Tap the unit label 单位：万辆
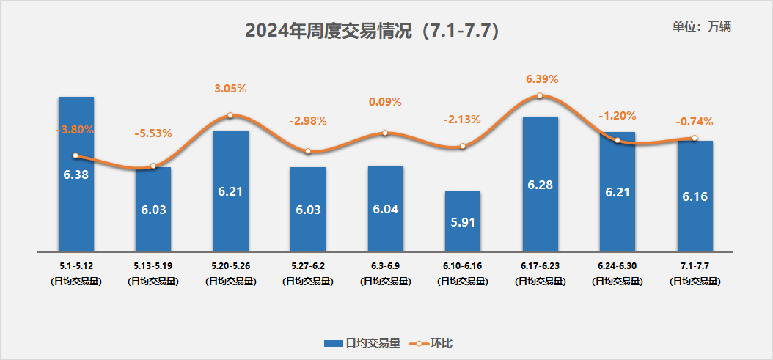coord(702,26)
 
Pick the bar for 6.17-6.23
coord(541,213)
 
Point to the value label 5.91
coord(463,222)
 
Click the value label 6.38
coord(76,175)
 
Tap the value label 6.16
coord(695,196)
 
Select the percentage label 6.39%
coord(542,78)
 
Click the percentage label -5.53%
coord(153,133)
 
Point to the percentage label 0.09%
coord(386,102)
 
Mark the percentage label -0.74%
coord(694,122)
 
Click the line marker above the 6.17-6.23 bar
coord(540,95)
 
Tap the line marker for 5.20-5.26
coord(230,115)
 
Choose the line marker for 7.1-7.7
coord(695,138)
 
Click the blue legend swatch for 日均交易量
coord(334,342)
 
